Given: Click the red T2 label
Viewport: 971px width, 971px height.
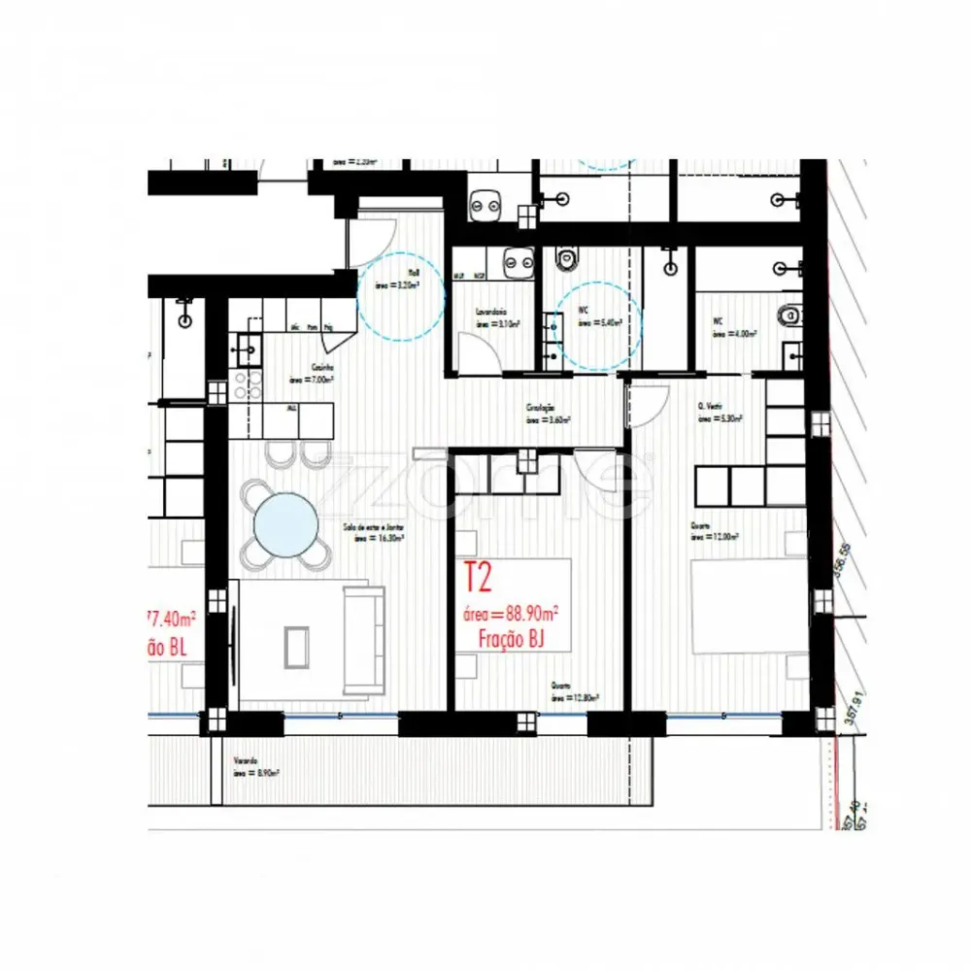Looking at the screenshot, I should pos(479,578).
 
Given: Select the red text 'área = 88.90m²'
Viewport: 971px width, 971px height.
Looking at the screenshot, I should pos(511,614).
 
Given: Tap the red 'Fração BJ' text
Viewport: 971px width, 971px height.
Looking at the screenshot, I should pos(511,638).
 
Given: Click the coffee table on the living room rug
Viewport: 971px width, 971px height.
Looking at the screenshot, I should pos(295,645).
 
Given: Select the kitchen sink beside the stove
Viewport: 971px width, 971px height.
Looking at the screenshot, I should pos(246,345).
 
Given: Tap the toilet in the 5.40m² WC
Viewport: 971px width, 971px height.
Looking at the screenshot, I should pos(567,258).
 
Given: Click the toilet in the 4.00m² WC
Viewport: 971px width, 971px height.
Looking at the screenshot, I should pos(791,314).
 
